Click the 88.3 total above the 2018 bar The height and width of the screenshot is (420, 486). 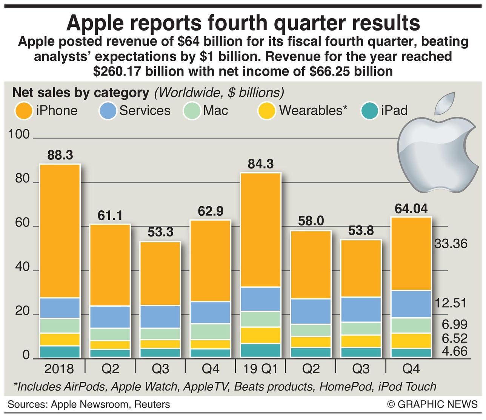tap(60, 155)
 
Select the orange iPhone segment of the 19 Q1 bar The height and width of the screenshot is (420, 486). tap(261, 230)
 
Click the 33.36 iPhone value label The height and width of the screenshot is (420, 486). tap(451, 244)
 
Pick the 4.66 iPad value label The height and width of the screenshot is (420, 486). tap(455, 351)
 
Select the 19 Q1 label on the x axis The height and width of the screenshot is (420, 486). tap(261, 369)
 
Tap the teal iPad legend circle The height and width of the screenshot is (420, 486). tap(369, 111)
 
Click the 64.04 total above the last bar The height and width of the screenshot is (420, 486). tap(411, 208)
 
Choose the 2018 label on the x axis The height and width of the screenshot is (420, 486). tap(59, 369)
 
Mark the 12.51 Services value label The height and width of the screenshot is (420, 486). tap(451, 303)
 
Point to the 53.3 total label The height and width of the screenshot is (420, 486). tap(160, 232)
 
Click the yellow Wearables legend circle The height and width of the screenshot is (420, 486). tap(267, 111)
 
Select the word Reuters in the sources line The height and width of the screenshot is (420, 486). tap(152, 405)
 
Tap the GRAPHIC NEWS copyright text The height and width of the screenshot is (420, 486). tap(432, 405)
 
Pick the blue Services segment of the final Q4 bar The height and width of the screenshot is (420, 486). tap(411, 304)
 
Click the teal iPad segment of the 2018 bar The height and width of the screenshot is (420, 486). tap(60, 352)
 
